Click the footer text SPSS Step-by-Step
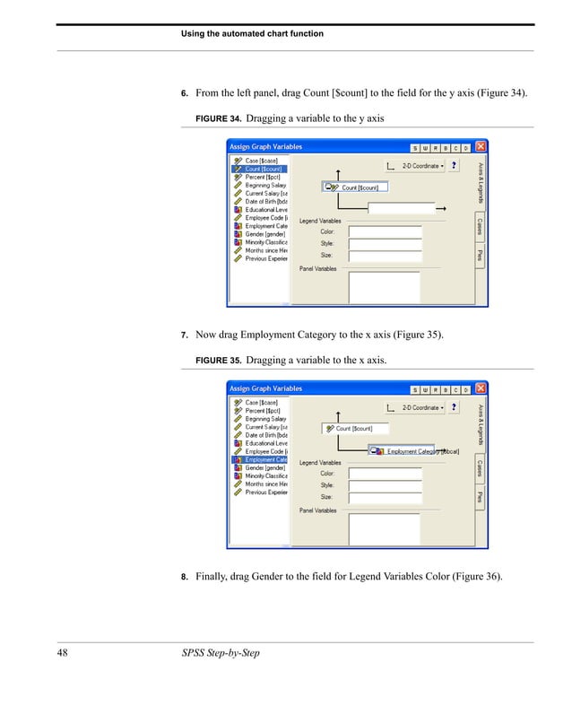(220, 652)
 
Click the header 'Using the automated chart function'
(252, 33)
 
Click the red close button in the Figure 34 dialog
(481, 147)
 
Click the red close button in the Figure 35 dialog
(481, 389)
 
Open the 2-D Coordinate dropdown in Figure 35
(422, 407)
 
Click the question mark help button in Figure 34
(455, 166)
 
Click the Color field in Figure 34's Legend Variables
(385, 231)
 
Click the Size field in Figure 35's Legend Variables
(385, 496)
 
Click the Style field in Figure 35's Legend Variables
(385, 484)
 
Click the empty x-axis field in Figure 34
(400, 208)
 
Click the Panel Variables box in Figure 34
(384, 287)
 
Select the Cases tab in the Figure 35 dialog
(481, 468)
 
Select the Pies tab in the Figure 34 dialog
(481, 256)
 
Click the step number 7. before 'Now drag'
(185, 336)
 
